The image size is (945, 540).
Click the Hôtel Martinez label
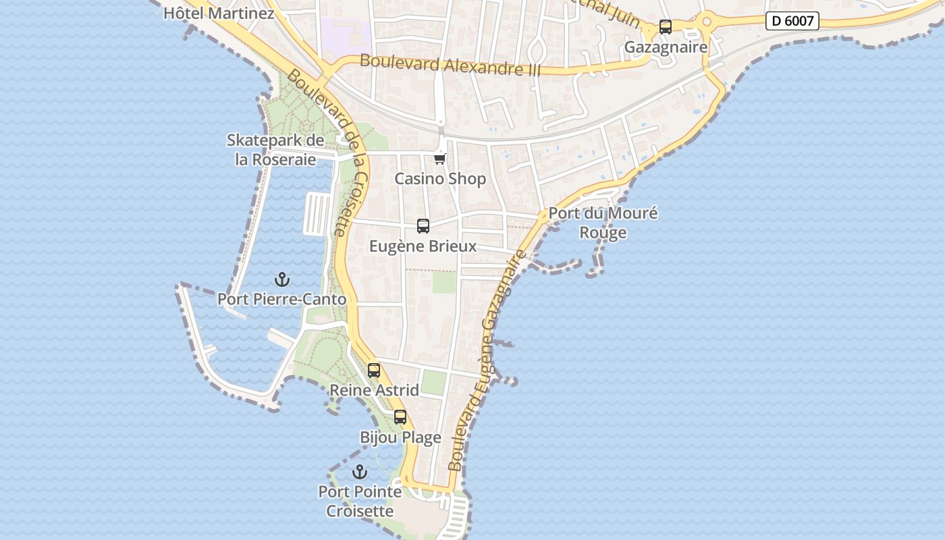219,13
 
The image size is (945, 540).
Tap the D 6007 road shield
792,21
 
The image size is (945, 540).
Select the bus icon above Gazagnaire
666,27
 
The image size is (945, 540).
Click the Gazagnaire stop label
666,47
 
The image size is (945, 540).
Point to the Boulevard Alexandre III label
450,65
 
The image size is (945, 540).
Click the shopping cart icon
440,159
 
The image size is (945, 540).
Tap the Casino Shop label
440,179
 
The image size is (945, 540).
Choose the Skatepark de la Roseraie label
275,150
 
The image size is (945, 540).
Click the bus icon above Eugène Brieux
423,226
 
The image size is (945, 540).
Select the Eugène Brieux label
423,246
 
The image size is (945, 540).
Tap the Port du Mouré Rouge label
603,223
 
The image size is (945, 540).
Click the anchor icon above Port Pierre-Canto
281,279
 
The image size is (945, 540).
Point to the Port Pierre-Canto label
281,299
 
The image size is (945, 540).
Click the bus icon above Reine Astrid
374,371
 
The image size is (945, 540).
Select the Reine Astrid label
374,390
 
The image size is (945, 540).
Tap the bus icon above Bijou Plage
400,417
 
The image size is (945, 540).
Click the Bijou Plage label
400,437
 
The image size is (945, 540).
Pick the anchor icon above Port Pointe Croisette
360,472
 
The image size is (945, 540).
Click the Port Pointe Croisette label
360,502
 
